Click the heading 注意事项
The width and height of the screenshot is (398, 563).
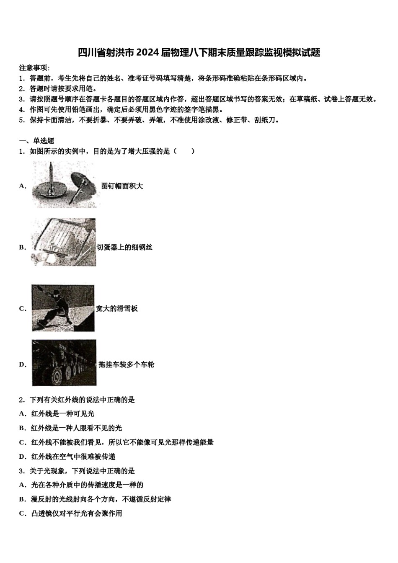click(x=34, y=68)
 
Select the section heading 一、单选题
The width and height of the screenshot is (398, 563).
click(x=36, y=141)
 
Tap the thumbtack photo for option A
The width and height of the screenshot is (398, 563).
click(x=64, y=185)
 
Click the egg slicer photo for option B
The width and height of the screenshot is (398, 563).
click(x=63, y=242)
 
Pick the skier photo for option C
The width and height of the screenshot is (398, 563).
click(x=63, y=308)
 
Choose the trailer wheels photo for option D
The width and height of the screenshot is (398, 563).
click(x=64, y=363)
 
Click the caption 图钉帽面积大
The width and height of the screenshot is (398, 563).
click(x=122, y=186)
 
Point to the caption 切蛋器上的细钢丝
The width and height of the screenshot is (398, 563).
click(x=124, y=247)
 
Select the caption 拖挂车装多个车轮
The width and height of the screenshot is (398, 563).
click(x=126, y=364)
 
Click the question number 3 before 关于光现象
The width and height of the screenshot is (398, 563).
click(x=21, y=471)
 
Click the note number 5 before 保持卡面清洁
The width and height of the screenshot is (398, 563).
click(x=21, y=120)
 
